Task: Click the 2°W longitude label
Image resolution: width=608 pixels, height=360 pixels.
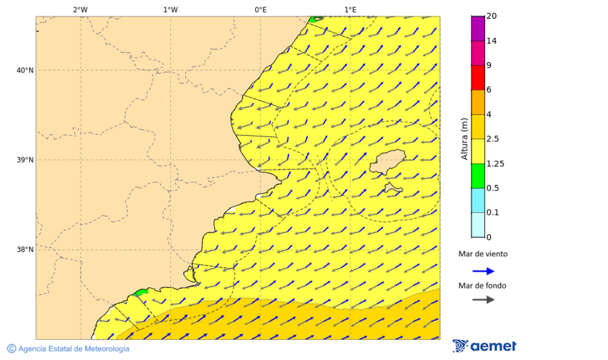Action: point(80,9)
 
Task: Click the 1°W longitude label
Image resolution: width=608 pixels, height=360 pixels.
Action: point(170,9)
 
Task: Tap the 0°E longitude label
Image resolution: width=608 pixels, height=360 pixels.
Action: point(260,9)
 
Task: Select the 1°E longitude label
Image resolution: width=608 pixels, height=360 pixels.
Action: point(350,9)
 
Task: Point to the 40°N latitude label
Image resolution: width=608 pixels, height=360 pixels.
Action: point(25,70)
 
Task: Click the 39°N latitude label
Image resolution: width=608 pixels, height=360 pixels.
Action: point(25,160)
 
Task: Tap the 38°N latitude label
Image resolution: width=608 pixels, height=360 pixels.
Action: point(25,249)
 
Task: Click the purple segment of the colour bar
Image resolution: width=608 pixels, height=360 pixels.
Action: point(478,28)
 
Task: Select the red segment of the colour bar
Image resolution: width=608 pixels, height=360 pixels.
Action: point(478,78)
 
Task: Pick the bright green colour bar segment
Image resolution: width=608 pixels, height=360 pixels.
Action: point(478,176)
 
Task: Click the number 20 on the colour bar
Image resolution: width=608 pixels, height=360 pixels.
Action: point(492,16)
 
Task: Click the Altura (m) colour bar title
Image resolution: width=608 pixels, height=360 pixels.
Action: point(464,138)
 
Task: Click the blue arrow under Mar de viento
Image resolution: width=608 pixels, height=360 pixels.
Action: point(483,271)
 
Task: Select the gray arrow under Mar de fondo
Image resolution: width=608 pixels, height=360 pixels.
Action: point(483,299)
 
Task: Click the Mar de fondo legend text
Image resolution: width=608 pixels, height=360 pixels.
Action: point(482,286)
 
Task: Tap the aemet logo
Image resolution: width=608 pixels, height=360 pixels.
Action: point(484,346)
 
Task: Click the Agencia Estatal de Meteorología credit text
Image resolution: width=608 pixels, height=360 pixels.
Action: point(74,349)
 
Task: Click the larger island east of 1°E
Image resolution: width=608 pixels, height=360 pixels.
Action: point(388,162)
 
